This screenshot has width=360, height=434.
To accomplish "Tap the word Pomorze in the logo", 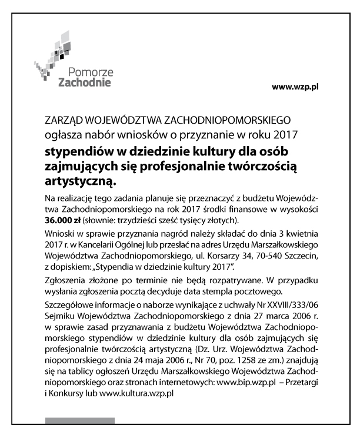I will (x=89, y=72).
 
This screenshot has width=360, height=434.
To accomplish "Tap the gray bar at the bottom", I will (x=80, y=420).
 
